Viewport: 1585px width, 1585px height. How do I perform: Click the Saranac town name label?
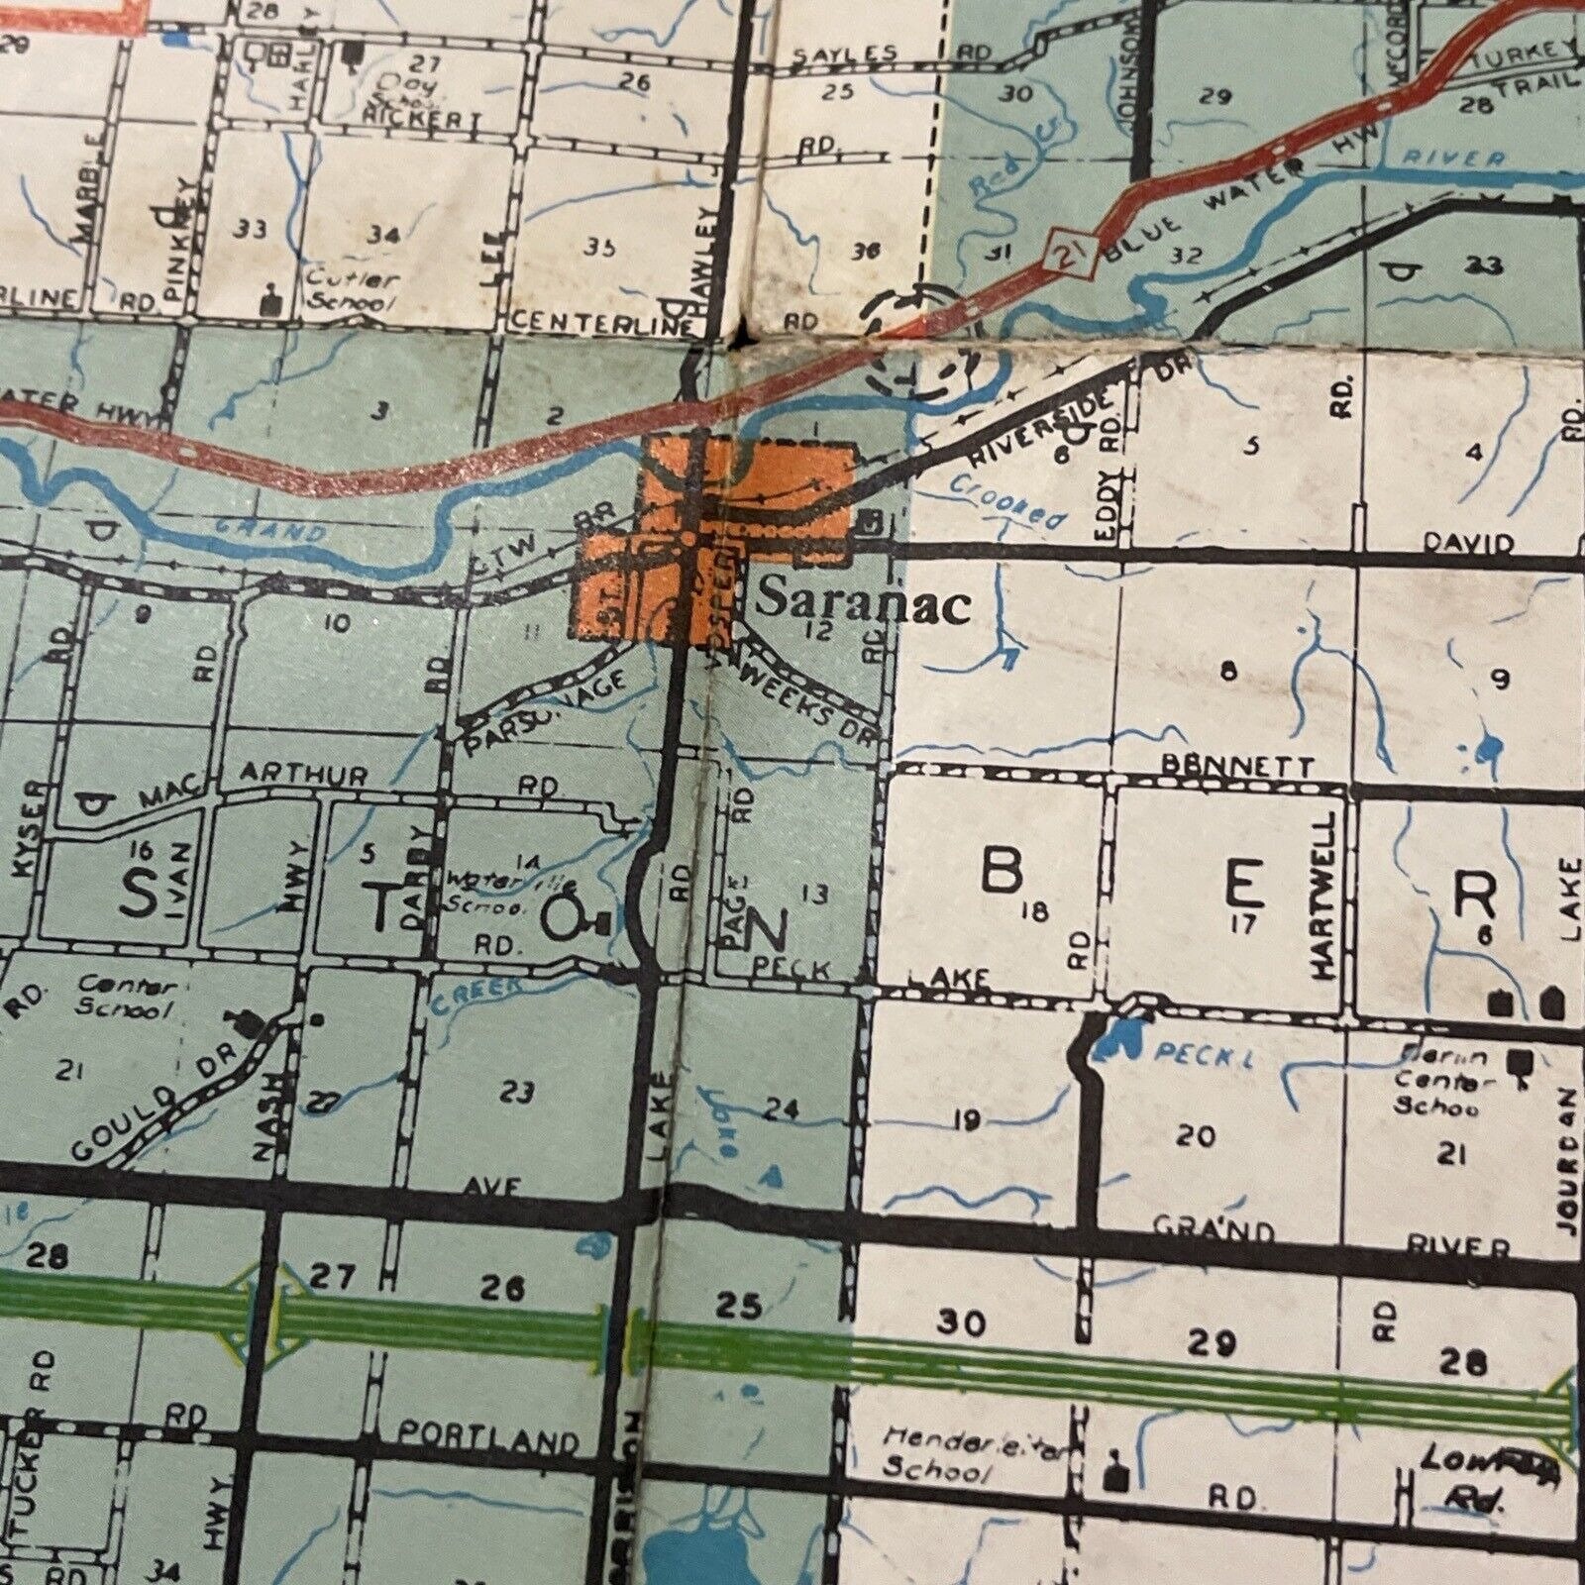863,602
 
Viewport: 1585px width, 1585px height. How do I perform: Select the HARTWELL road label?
1326,897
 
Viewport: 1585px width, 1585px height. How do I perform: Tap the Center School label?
128,998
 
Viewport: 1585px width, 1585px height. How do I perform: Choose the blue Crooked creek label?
1007,503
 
